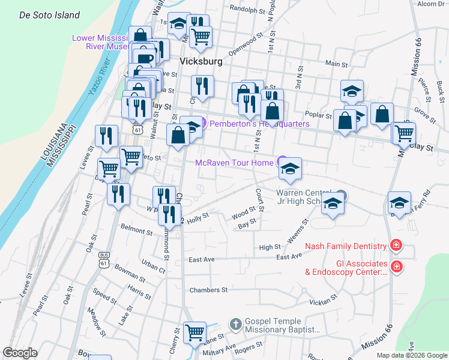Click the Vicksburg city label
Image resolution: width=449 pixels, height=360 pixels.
(202, 62)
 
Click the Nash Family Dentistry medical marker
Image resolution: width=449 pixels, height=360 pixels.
(396, 245)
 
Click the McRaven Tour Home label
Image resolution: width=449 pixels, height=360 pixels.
(235, 162)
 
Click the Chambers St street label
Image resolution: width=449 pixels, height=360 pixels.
(208, 289)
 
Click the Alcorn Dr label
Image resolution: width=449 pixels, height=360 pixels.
(430, 4)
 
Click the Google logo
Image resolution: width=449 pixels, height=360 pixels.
(20, 353)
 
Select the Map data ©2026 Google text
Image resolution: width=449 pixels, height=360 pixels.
(411, 355)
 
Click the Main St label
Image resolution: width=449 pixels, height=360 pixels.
(337, 64)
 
